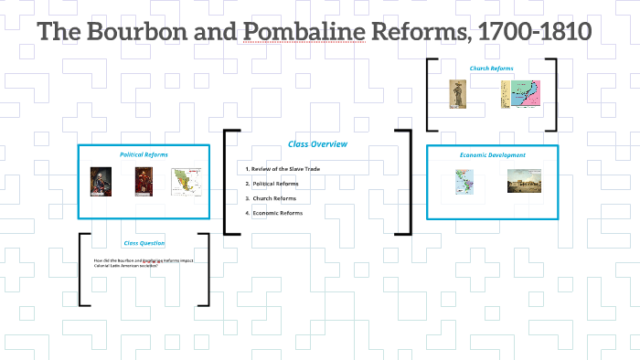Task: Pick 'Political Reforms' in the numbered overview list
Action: click(x=275, y=184)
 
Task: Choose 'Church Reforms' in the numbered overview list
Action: click(x=273, y=198)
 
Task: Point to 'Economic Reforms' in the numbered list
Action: click(x=277, y=213)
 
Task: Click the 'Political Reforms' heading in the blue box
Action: click(x=144, y=154)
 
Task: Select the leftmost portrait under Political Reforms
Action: click(x=101, y=182)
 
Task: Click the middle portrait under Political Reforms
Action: click(x=144, y=182)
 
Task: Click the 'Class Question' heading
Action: click(x=144, y=243)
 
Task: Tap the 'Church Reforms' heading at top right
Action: click(x=492, y=69)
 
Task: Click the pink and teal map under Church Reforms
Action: click(x=520, y=94)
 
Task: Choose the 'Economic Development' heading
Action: click(x=492, y=155)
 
